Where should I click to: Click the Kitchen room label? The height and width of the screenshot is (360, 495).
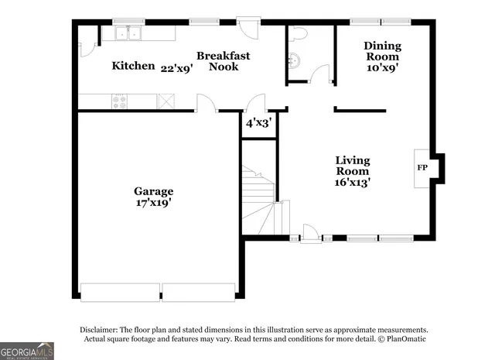pos(133,66)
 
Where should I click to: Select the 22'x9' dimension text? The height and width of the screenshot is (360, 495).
pos(176,67)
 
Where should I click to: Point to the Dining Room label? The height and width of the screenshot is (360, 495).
pos(382,51)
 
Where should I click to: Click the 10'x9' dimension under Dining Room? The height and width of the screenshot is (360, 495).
pos(382,67)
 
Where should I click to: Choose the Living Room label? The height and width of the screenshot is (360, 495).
pos(352,166)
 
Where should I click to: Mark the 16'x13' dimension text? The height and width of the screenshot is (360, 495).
pos(352,183)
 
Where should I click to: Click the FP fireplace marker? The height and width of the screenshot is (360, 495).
pos(422,167)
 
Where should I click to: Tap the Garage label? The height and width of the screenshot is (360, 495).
pos(153,191)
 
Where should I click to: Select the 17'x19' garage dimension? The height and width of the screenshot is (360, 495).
pos(153,203)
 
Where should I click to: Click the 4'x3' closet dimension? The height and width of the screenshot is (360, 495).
pos(258,122)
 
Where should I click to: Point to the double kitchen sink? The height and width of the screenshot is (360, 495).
pos(128,33)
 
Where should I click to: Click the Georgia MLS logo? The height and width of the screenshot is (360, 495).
pos(27,351)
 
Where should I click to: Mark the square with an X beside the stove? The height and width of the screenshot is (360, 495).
pos(166,101)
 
